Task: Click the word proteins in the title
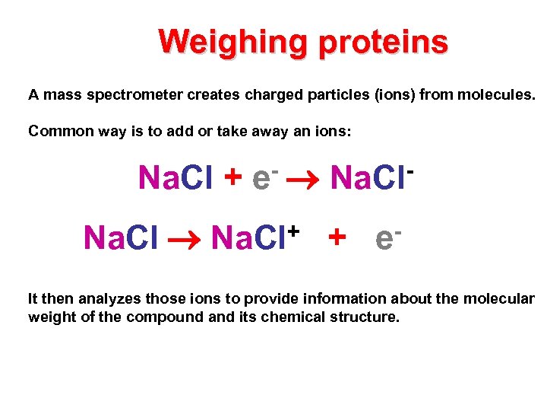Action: [x=383, y=42]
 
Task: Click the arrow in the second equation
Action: [x=185, y=239]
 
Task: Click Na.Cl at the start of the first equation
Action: [x=175, y=178]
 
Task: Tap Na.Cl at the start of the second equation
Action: [x=121, y=238]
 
